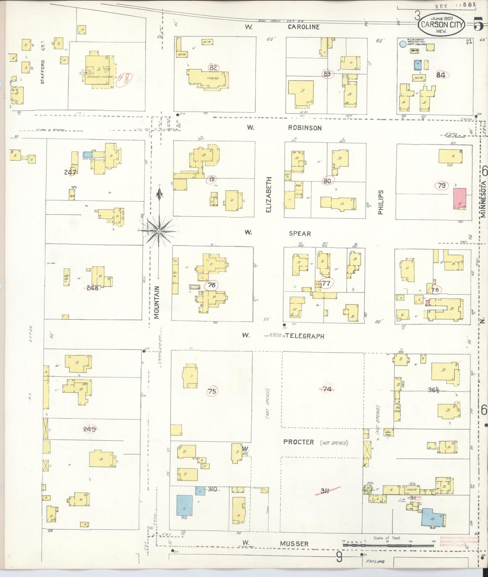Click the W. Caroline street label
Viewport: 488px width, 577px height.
pos(303,27)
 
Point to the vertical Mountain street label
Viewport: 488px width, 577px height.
pos(156,302)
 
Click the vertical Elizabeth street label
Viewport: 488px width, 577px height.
pos(269,194)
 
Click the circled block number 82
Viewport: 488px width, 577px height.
pos(213,68)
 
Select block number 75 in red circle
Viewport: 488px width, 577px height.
pos(212,391)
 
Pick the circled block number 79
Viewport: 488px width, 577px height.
pos(441,185)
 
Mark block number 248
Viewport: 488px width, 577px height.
pos(92,288)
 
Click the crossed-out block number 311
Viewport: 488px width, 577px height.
pos(325,491)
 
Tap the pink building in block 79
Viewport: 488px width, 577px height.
pos(459,199)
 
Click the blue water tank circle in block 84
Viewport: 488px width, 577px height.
pos(402,44)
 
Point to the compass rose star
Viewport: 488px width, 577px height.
pos(159,231)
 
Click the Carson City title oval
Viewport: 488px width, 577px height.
pos(441,24)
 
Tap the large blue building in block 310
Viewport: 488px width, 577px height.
pos(184,505)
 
